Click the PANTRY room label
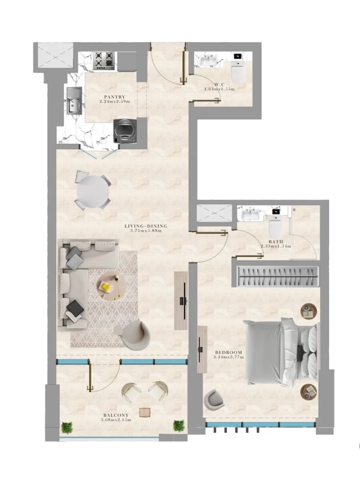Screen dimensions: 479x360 click(115, 96)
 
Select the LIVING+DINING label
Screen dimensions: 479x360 click(145, 226)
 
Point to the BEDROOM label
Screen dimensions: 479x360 click(229, 352)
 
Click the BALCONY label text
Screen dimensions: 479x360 click(115, 415)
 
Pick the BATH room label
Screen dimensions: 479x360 click(276, 241)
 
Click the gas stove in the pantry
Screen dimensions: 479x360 click(104, 60)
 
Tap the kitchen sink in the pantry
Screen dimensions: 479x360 click(74, 102)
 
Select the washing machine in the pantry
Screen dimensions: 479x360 click(124, 130)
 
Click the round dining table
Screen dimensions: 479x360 click(94, 191)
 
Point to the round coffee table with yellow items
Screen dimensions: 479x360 click(111, 285)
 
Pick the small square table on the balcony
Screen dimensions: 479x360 click(145, 412)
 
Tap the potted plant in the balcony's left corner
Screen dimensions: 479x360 click(67, 427)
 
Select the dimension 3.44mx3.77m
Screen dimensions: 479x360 click(229, 357)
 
